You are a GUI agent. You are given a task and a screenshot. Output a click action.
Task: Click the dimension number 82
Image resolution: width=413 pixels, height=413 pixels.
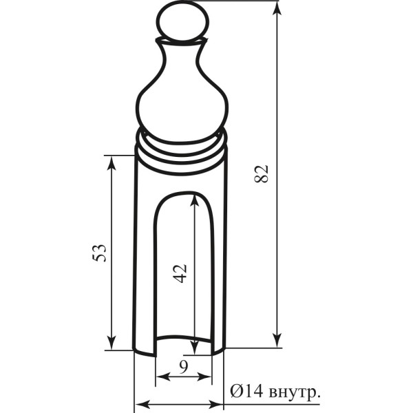(262, 173)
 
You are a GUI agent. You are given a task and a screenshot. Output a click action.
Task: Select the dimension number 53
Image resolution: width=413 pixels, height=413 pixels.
(99, 253)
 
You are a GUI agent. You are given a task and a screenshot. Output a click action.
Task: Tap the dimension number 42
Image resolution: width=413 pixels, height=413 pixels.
(180, 273)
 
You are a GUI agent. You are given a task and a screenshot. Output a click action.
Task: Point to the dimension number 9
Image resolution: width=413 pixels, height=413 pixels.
(183, 367)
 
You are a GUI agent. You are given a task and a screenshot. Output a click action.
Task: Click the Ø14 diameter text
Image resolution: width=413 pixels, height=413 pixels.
(246, 391)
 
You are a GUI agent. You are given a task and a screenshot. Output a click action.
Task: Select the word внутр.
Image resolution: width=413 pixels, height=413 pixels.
(295, 392)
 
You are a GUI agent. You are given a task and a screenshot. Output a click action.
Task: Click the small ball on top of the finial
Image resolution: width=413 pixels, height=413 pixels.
(182, 21)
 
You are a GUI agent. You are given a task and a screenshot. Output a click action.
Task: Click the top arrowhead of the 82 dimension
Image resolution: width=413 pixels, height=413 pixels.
(277, 8)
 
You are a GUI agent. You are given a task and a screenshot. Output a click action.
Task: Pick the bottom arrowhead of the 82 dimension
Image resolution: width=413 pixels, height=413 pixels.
(277, 341)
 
